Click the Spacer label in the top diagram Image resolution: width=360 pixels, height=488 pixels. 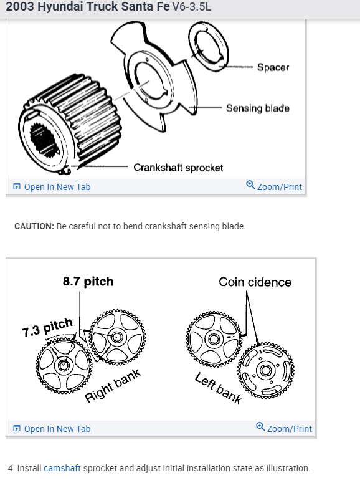273,67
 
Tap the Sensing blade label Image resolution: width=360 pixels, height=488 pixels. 257,108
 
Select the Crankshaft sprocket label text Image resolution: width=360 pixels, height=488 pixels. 178,167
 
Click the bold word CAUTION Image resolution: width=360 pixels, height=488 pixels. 34,226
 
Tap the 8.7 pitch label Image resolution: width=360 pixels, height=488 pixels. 88,281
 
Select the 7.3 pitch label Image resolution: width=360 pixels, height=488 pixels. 47,327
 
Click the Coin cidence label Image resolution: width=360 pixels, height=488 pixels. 255,282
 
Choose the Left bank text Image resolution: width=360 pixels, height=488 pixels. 218,388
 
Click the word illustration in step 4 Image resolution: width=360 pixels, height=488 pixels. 287,467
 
